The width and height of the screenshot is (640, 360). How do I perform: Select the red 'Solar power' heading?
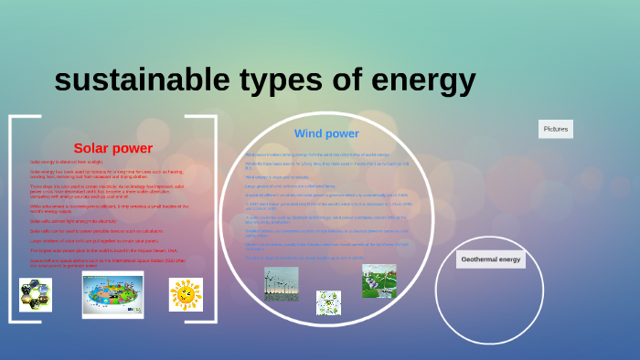coord(112,148)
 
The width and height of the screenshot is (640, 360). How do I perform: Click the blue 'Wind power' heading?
coord(326,133)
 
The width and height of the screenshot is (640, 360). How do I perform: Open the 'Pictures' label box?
coord(556,130)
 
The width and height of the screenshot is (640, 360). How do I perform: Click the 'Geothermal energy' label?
coord(490,259)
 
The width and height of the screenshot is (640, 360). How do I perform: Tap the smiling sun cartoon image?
coord(186,294)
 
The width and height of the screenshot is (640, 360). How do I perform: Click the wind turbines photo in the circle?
coord(281,282)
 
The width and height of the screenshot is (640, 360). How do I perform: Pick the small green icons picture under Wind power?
coord(328,301)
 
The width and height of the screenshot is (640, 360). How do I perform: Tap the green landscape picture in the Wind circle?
coord(379,281)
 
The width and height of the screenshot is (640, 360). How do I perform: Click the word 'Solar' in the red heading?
coord(91,148)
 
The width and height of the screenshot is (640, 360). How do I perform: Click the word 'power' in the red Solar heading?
coord(132,148)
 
